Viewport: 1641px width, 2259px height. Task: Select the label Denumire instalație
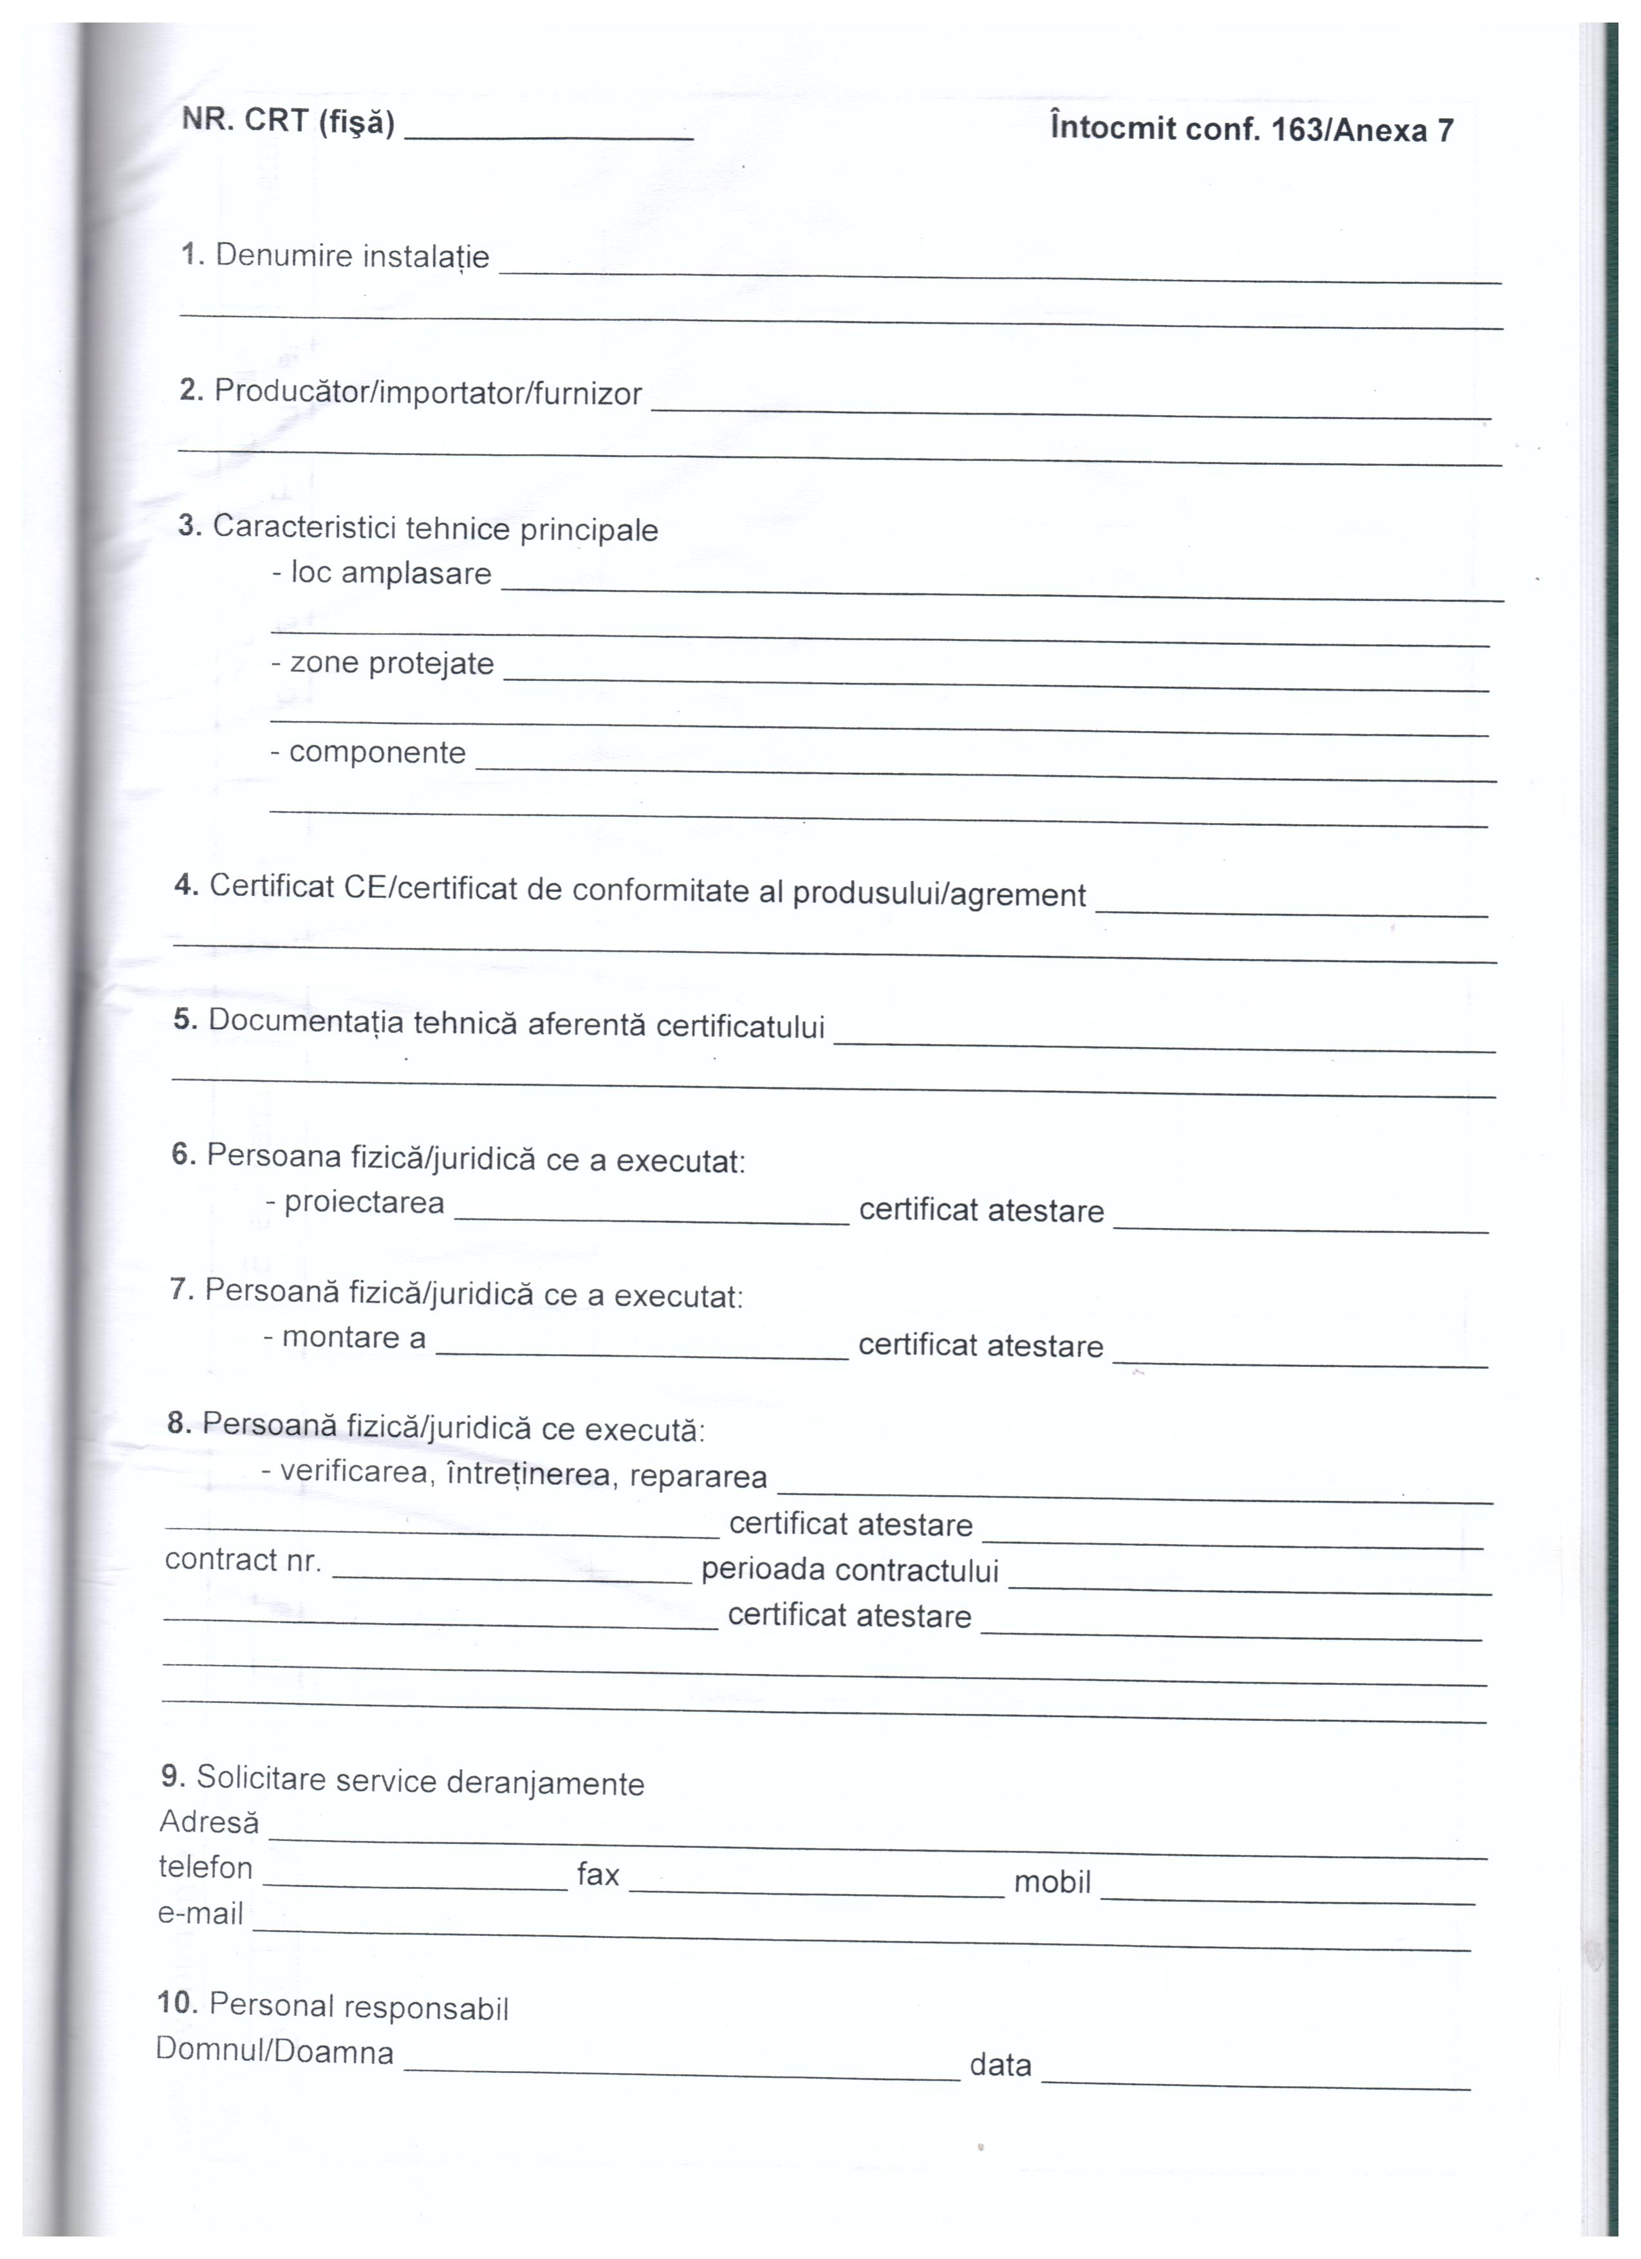tap(351, 256)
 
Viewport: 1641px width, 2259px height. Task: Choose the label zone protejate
tap(391, 664)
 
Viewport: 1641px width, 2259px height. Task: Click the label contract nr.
tap(243, 1560)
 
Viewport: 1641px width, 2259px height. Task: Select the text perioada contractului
tap(849, 1571)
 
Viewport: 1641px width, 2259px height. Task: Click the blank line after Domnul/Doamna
tap(682, 2073)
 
